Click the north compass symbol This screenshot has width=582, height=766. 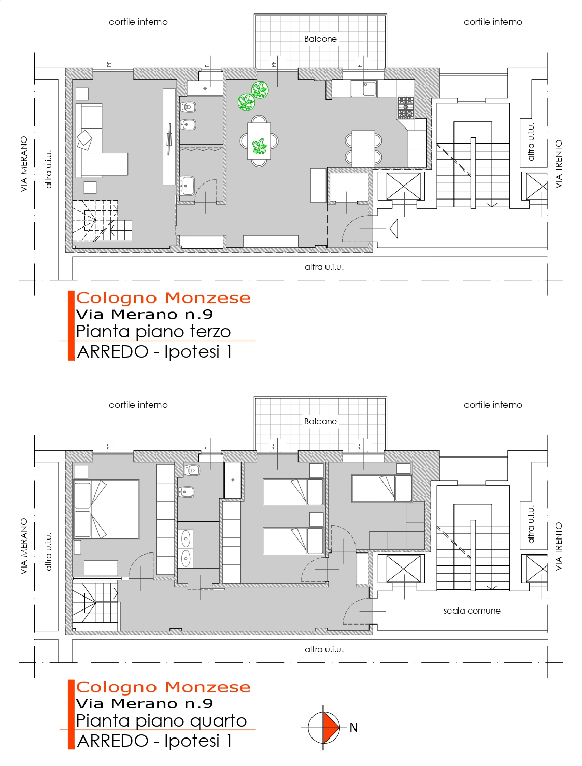pos(323,728)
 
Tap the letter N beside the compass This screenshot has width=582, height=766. pos(353,728)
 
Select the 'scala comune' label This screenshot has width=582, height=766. pos(472,611)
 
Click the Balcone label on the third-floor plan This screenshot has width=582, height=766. pos(320,39)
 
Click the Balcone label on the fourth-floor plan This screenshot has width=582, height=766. pos(320,421)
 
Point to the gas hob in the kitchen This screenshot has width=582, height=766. pos(405,107)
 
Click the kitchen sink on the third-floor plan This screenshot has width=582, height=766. pos(364,88)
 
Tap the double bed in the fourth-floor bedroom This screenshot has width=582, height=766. pos(106,509)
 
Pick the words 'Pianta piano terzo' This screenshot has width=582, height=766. pos(153,332)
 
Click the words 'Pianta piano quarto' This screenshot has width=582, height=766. pos(161,720)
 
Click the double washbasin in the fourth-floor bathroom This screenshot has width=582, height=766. pos(186,549)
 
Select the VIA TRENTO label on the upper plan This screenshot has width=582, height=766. pos(559,164)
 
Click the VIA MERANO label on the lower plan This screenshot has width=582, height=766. pos(24,546)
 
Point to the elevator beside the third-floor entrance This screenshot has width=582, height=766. pos(403,186)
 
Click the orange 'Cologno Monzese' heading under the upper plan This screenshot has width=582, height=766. pos(163,298)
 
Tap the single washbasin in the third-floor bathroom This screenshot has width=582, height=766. pos(188,186)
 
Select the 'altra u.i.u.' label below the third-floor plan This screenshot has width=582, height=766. pos(324,267)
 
